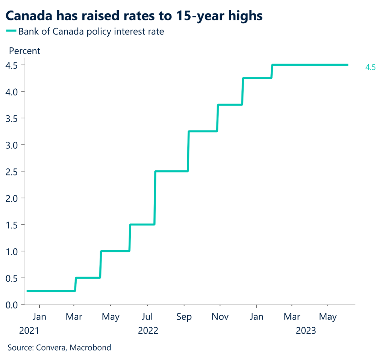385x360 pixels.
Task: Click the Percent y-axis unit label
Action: coord(24,50)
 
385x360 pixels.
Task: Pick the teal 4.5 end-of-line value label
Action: coord(370,68)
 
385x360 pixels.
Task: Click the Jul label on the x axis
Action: coord(147,317)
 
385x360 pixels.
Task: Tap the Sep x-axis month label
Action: coord(184,317)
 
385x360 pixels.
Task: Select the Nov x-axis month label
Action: coord(220,317)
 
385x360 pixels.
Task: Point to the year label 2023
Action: coord(306,331)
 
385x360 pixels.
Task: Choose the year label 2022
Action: coord(148,331)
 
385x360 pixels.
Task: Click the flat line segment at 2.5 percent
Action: coord(171,171)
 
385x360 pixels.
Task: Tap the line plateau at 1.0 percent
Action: coord(115,251)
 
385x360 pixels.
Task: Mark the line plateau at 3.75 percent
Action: coord(230,105)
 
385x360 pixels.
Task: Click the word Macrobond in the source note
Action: coord(92,348)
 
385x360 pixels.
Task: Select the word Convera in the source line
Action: coord(50,348)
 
